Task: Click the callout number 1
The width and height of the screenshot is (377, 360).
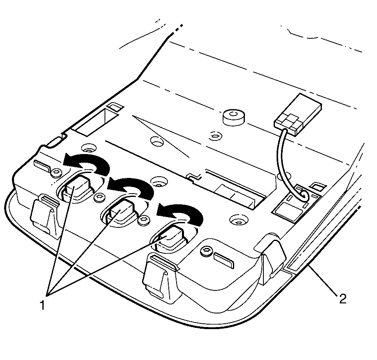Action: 42,305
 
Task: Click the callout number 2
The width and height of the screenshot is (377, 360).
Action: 342,299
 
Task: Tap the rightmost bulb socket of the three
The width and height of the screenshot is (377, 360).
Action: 170,238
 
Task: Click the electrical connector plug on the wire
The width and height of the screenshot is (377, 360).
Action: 298,115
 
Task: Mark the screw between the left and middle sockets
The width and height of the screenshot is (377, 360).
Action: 99,197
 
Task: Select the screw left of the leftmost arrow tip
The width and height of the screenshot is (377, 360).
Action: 56,172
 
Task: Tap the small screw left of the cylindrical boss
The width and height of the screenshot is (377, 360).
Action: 215,136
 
